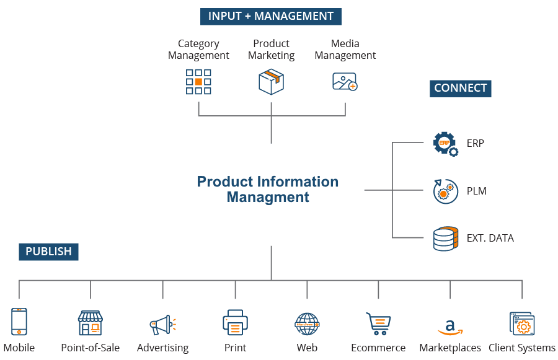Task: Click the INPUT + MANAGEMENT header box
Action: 271,16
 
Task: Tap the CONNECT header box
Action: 460,88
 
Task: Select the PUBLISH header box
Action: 48,252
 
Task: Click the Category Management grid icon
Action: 198,82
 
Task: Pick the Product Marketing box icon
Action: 271,82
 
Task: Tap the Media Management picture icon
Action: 345,82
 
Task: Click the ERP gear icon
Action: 445,143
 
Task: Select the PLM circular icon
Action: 445,191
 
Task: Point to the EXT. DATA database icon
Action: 445,239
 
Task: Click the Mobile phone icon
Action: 19,322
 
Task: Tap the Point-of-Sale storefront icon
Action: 91,323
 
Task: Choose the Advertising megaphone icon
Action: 163,324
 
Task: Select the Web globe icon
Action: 307,323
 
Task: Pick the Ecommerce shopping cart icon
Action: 378,323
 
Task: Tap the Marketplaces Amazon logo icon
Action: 450,326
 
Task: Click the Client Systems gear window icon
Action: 521,323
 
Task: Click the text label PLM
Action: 476,191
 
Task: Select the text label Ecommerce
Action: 378,348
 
